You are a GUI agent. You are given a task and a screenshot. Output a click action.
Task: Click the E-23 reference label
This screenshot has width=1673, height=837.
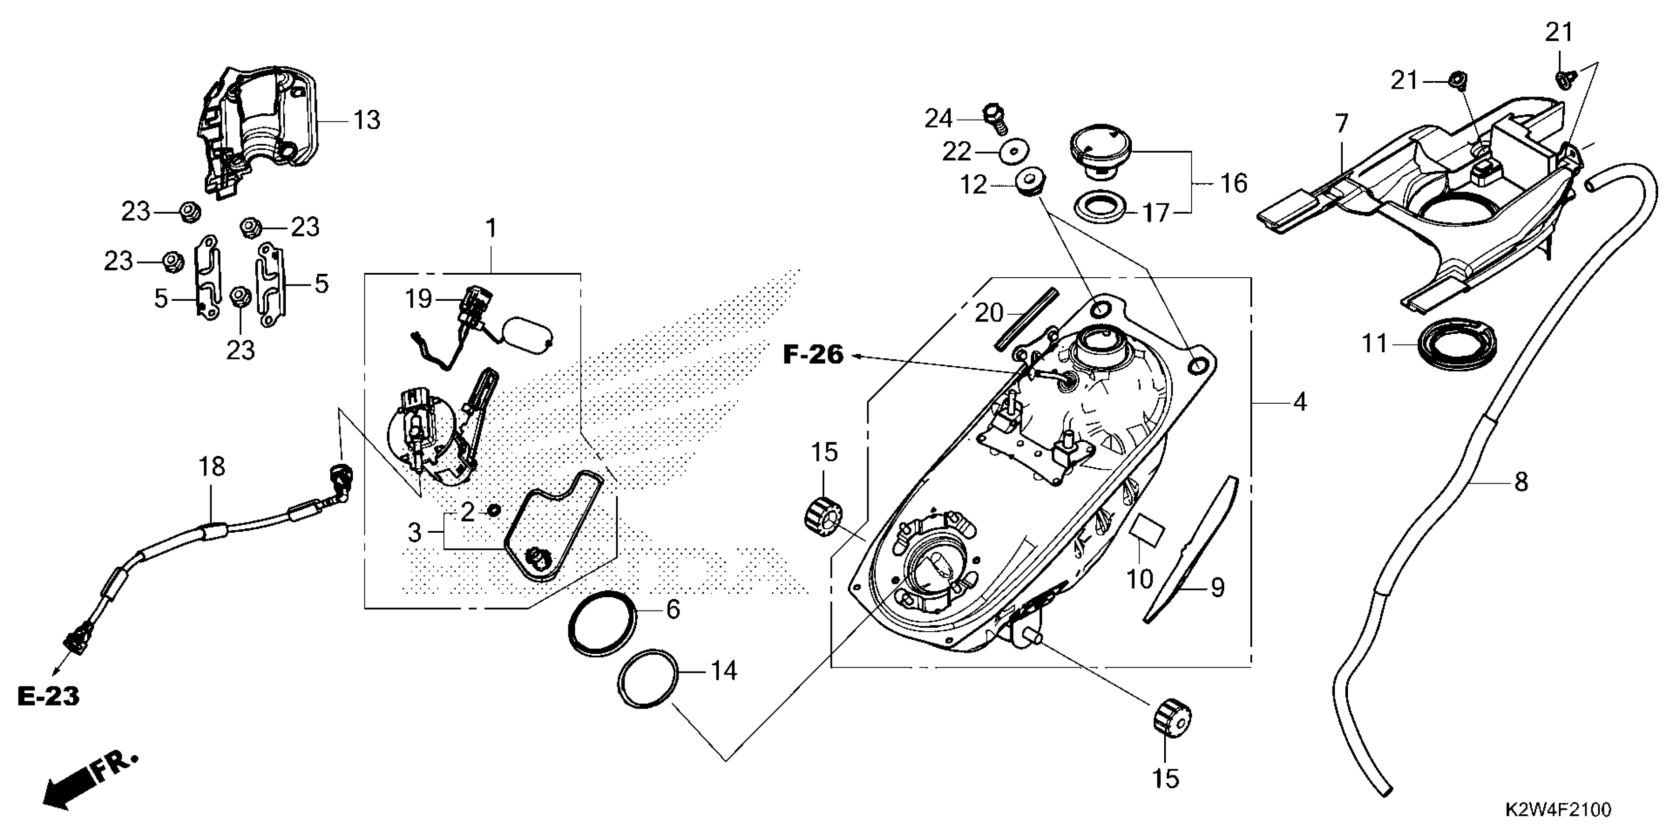tap(48, 696)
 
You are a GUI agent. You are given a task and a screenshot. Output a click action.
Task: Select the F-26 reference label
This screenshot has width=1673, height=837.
tap(813, 355)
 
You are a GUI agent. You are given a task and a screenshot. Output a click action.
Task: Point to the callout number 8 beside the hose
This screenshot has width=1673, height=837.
tap(1521, 482)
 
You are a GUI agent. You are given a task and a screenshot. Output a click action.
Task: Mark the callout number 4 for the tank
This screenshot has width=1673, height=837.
tap(1300, 403)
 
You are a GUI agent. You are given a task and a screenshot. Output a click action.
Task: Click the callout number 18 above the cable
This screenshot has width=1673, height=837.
tap(212, 467)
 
